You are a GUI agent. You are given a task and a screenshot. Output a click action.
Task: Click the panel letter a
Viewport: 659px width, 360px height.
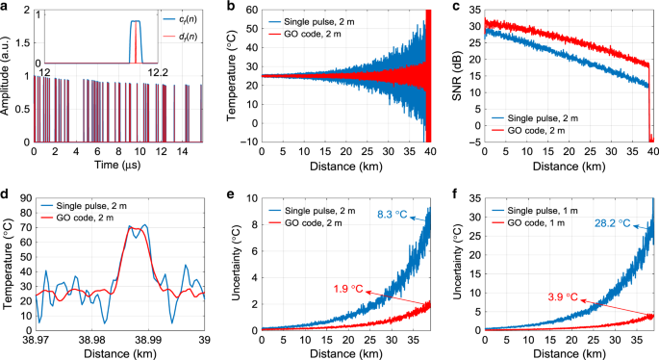point(6,7)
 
